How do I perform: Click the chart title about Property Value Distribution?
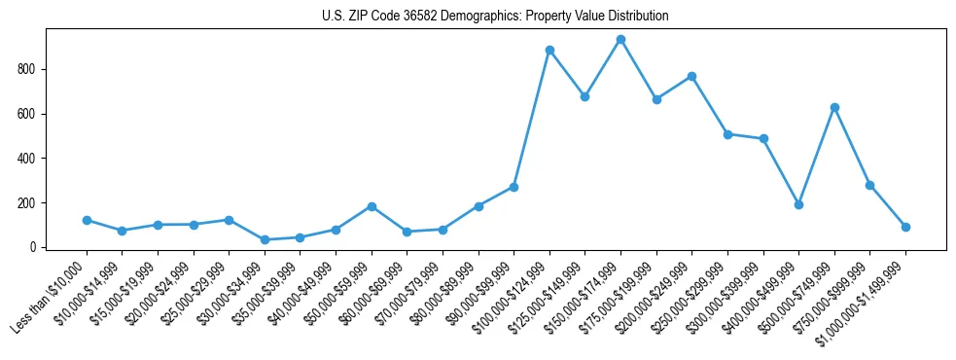click(x=495, y=17)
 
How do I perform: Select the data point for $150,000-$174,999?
click(x=620, y=40)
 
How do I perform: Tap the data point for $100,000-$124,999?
click(x=549, y=50)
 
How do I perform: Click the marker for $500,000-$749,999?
click(x=834, y=107)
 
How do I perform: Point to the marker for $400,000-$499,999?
click(x=798, y=204)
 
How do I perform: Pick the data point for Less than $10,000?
click(x=87, y=220)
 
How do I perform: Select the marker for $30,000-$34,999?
click(x=265, y=239)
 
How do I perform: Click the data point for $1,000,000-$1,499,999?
click(x=905, y=227)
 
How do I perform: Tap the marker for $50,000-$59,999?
click(x=372, y=206)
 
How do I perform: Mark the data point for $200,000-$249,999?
click(x=691, y=76)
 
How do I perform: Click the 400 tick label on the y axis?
click(x=26, y=159)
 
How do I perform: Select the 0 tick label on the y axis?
click(x=32, y=247)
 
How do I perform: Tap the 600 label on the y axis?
click(x=26, y=114)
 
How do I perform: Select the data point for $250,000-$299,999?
click(x=727, y=134)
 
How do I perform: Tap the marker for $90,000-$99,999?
click(x=513, y=187)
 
